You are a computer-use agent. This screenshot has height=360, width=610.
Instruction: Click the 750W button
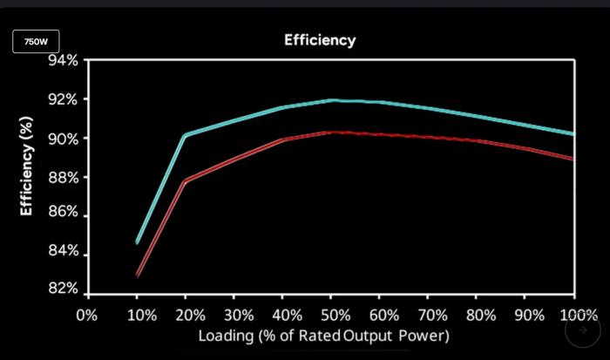(x=36, y=41)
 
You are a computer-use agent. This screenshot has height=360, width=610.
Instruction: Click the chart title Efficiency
(x=320, y=40)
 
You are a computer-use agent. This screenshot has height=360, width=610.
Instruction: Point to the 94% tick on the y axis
(x=63, y=61)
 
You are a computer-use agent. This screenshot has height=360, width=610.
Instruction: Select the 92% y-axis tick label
(x=63, y=99)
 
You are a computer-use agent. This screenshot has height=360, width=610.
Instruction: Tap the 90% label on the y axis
(x=63, y=139)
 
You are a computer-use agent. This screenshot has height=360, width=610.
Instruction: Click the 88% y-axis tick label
(x=63, y=177)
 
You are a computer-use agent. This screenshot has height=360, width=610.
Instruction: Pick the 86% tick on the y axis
(x=63, y=213)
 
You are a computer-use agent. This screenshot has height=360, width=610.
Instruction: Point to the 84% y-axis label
(x=63, y=251)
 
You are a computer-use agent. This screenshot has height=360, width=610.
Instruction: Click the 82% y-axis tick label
(x=63, y=289)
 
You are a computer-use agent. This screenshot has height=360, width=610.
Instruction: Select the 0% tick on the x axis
(x=87, y=315)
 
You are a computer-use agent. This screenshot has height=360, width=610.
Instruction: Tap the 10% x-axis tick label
(x=141, y=315)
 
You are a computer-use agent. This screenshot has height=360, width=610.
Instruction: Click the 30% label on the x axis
(x=239, y=315)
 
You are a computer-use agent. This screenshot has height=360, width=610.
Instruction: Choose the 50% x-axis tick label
(x=335, y=315)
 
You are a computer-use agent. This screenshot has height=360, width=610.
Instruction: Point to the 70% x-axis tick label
(x=433, y=315)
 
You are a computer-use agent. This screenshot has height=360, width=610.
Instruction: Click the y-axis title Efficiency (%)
(x=26, y=166)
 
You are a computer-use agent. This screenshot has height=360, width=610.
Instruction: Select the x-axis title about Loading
(x=323, y=336)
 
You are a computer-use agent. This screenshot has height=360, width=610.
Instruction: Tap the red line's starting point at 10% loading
(x=138, y=275)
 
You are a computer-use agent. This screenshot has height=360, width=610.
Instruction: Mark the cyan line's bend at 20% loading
(x=185, y=135)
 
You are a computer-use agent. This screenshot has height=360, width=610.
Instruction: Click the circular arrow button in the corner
(x=582, y=330)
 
